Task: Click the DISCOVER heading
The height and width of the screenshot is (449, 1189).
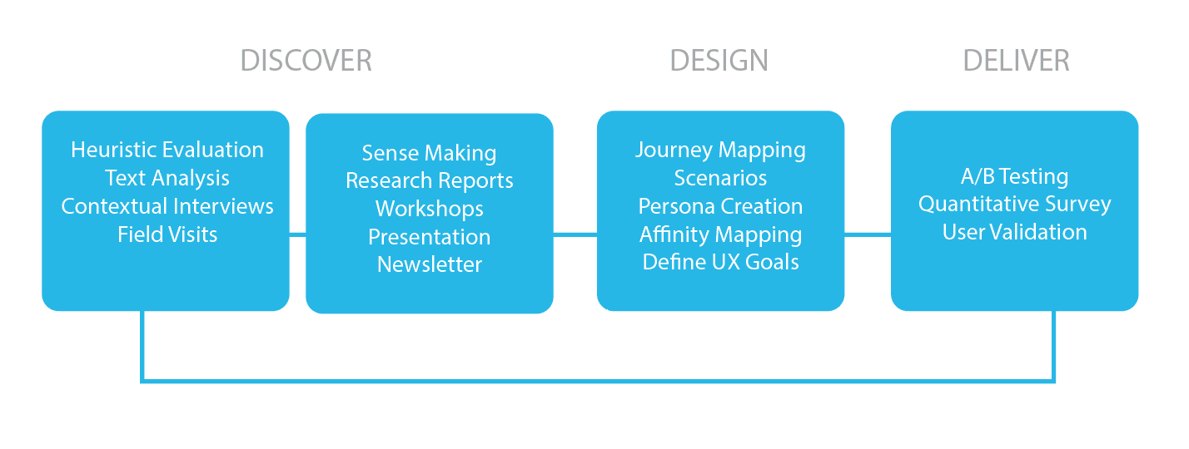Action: click(306, 61)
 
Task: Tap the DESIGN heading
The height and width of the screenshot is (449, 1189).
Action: click(719, 61)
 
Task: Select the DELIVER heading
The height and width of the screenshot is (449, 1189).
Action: click(1016, 61)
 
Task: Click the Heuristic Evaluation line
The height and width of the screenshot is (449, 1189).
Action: click(167, 150)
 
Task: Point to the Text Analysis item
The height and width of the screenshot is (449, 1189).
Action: click(167, 178)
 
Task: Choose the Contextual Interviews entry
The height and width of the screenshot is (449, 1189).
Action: click(167, 206)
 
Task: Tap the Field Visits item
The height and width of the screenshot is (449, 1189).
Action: click(167, 234)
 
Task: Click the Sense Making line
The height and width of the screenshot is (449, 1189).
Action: click(429, 153)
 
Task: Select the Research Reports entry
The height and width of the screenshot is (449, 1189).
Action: click(430, 180)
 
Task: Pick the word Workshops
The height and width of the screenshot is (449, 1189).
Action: click(430, 209)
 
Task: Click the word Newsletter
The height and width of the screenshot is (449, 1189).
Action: click(430, 264)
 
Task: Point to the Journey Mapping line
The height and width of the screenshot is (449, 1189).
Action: click(720, 150)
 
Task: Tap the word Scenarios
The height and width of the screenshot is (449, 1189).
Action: click(720, 178)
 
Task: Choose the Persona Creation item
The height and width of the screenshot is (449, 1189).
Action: click(720, 206)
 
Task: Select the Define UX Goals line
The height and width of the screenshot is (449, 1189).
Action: click(720, 262)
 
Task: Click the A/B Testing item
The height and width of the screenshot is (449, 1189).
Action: click(1014, 176)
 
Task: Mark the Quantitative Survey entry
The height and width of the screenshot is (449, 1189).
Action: click(1014, 204)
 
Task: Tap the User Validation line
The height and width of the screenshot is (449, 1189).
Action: click(1014, 232)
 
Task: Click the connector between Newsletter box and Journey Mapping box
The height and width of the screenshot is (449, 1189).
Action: click(575, 234)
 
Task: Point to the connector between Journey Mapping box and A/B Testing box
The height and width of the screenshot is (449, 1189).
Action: click(868, 234)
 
